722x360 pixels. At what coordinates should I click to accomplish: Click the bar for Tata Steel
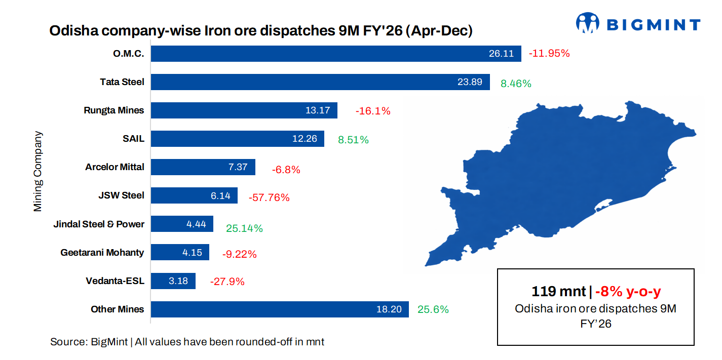(x=320, y=82)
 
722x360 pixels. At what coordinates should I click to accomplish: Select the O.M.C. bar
(x=336, y=54)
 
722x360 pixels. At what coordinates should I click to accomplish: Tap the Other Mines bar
(x=280, y=309)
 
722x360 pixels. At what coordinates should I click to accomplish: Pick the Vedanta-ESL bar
(x=173, y=281)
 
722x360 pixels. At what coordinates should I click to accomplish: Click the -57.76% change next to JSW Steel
(x=269, y=198)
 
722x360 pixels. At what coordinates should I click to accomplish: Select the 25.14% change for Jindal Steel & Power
(x=244, y=228)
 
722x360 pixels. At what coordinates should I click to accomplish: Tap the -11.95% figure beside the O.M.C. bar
(x=549, y=53)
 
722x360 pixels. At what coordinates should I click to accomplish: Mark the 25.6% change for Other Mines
(x=433, y=309)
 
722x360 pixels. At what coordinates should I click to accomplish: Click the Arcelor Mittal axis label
(x=115, y=167)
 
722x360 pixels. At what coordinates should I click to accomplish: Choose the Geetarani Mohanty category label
(x=102, y=252)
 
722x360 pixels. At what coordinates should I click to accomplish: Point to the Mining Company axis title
(x=38, y=172)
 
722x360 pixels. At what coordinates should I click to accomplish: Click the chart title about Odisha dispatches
(x=261, y=31)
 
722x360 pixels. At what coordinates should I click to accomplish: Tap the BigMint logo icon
(x=587, y=23)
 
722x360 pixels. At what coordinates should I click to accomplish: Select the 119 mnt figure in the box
(x=559, y=292)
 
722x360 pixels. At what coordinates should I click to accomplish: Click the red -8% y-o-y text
(x=628, y=292)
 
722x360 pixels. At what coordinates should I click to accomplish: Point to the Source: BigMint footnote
(x=187, y=342)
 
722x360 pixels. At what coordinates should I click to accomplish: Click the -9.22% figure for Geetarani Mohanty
(x=239, y=255)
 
